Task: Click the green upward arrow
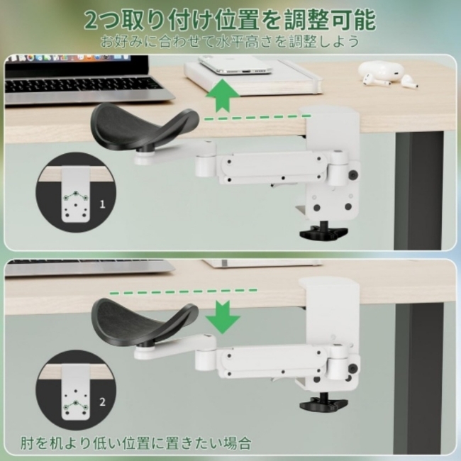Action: coord(223,96)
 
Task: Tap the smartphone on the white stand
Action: coord(235,66)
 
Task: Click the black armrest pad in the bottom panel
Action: coord(143,322)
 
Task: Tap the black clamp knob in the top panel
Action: coord(323,232)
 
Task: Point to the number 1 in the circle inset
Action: coord(102,204)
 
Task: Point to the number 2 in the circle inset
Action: coord(102,401)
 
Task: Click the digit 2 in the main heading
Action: coord(92,21)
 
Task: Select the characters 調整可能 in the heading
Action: coord(330,20)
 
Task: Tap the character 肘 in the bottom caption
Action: coord(28,443)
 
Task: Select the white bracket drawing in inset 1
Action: coord(76,194)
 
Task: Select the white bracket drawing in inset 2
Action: coord(76,392)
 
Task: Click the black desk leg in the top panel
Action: coord(418,191)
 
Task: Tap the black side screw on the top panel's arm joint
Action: coord(352,175)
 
